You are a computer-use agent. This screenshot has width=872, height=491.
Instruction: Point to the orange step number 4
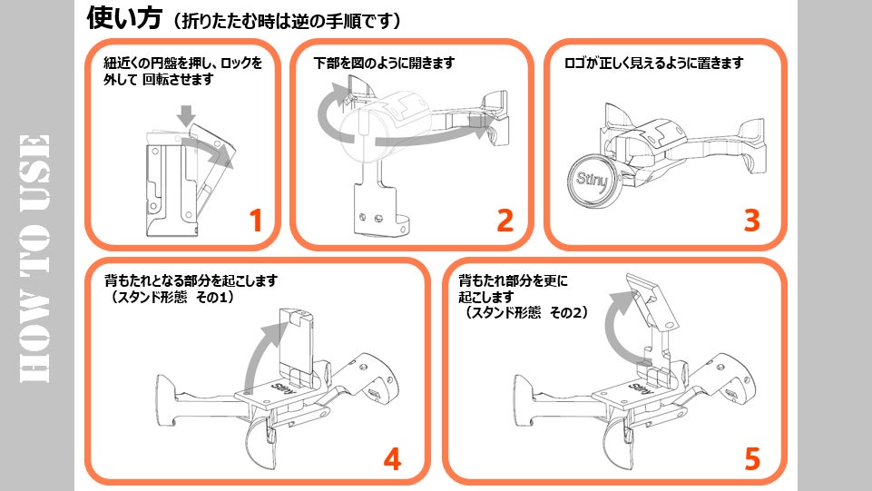point(391,458)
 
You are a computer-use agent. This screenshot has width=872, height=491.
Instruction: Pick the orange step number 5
point(751,458)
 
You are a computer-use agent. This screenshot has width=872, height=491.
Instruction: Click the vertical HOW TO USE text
point(34,259)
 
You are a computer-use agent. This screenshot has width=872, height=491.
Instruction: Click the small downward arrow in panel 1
point(186,115)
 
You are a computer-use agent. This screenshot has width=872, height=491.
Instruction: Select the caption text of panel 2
point(383,64)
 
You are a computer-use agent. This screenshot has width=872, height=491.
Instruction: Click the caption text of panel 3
point(654,64)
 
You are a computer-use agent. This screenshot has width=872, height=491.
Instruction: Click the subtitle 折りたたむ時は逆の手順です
point(279,20)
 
